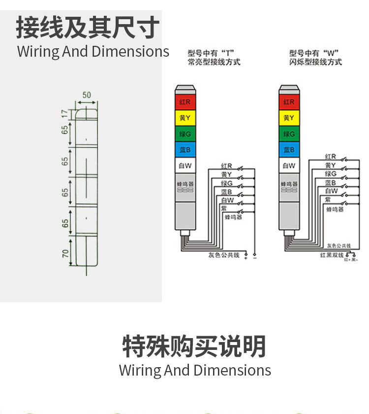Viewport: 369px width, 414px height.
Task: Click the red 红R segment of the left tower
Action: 185,102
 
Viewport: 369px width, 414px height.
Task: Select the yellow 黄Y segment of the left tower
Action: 185,118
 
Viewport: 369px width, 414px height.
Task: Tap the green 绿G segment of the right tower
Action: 289,134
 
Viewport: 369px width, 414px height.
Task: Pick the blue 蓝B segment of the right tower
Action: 289,149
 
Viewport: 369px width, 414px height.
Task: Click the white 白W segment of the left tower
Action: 185,166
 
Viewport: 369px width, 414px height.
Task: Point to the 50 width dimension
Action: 87,95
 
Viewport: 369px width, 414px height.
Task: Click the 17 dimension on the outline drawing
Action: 64,113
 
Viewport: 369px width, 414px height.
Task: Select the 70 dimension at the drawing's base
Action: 64,254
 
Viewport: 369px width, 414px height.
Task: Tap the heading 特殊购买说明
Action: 194,346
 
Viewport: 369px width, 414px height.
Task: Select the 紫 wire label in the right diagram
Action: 328,199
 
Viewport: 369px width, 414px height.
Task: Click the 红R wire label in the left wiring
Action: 226,166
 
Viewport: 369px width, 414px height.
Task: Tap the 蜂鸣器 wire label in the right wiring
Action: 335,209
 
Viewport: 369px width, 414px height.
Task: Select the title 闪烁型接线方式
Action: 315,62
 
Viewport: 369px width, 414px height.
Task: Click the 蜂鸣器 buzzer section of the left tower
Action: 185,186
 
